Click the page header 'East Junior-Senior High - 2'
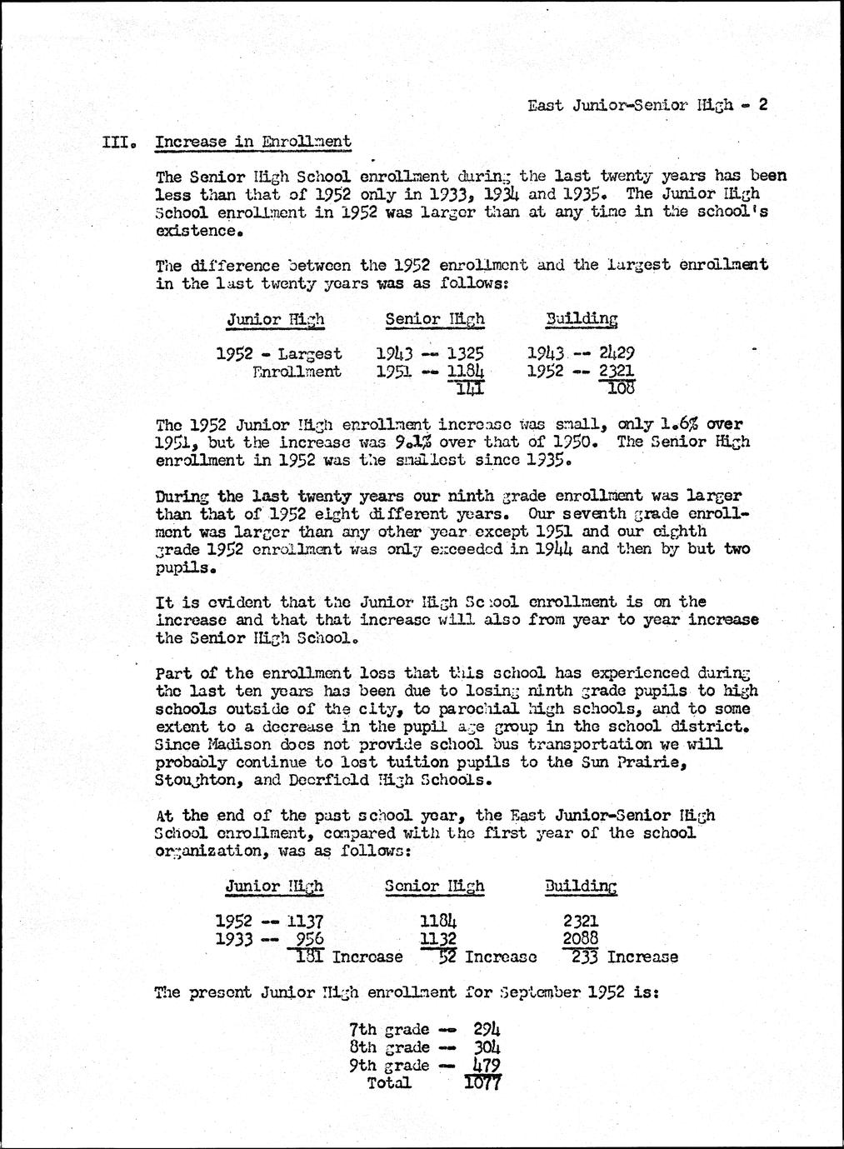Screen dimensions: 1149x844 pos(647,105)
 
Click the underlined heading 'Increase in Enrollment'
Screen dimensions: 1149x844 pos(252,142)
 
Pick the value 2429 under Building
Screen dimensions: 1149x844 pos(617,353)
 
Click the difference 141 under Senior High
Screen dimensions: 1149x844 pos(465,388)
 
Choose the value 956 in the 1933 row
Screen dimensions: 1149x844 pos(304,939)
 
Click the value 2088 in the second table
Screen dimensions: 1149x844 pos(580,939)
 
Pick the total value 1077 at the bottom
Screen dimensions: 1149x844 pos(481,1083)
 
